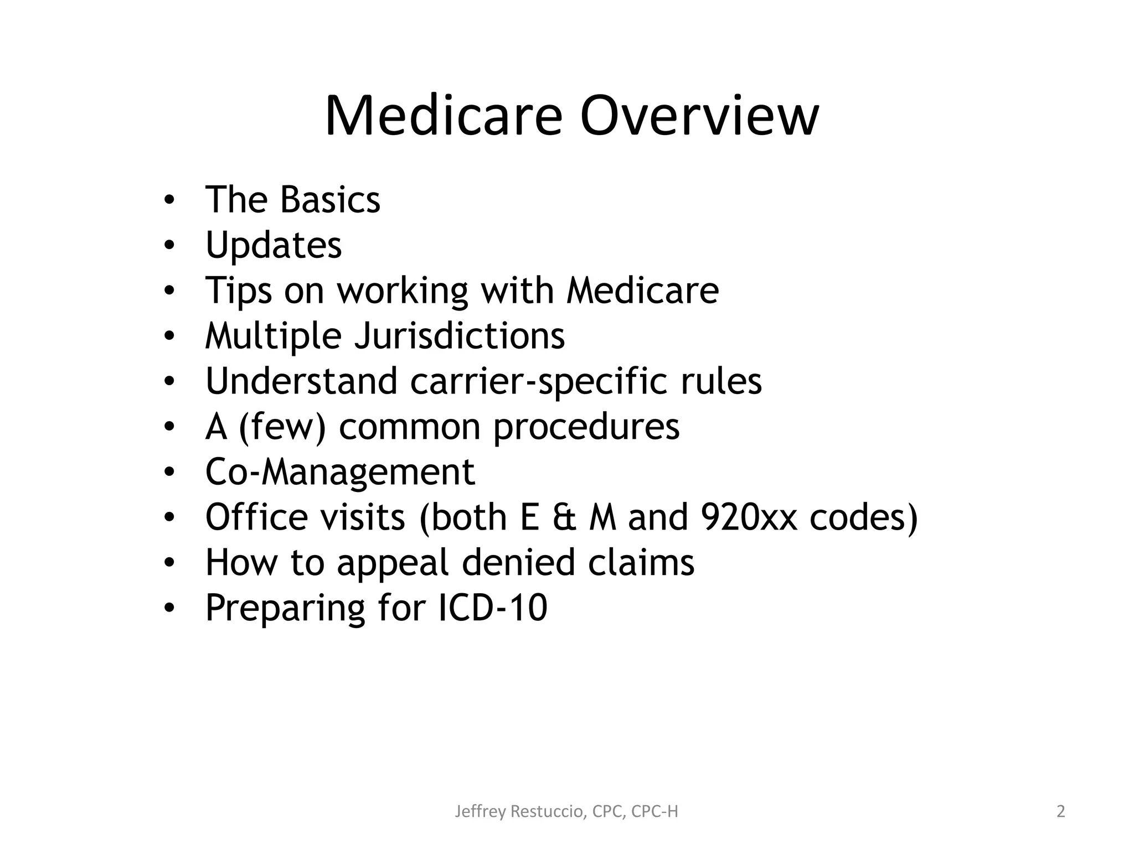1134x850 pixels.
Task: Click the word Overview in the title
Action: (x=699, y=117)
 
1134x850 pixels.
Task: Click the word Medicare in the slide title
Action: (x=444, y=117)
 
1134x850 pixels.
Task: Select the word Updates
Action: (x=274, y=245)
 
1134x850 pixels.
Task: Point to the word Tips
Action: (x=239, y=291)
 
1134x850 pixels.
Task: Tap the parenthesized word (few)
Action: (x=282, y=427)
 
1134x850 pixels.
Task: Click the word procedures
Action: (x=586, y=427)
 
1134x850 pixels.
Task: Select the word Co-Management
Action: (x=340, y=472)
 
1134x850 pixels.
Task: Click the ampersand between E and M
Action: (x=564, y=517)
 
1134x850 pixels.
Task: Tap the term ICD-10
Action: (x=492, y=608)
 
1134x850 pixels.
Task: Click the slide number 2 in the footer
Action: (x=1060, y=812)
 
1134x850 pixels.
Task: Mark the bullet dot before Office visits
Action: (x=169, y=518)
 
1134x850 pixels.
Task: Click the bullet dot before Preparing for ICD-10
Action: (x=169, y=609)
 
